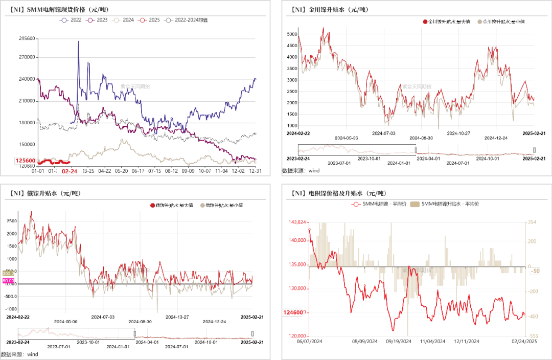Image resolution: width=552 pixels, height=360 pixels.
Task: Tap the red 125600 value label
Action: [26, 161]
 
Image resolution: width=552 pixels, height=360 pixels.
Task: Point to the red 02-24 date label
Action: [70, 172]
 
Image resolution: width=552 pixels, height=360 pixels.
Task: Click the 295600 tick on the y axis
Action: [27, 38]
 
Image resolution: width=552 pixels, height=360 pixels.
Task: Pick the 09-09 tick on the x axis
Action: [188, 171]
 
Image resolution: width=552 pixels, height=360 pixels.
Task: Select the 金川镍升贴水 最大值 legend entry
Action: [446, 21]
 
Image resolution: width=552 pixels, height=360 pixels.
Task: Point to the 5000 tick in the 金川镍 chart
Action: [292, 34]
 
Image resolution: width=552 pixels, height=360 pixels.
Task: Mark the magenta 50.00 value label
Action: [8, 281]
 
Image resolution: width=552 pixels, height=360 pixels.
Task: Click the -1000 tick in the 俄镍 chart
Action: [11, 309]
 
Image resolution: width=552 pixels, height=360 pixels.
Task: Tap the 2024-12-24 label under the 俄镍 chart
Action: [214, 322]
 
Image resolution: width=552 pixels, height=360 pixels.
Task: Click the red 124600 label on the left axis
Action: [294, 312]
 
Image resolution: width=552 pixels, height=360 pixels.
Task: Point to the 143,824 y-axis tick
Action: [297, 222]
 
